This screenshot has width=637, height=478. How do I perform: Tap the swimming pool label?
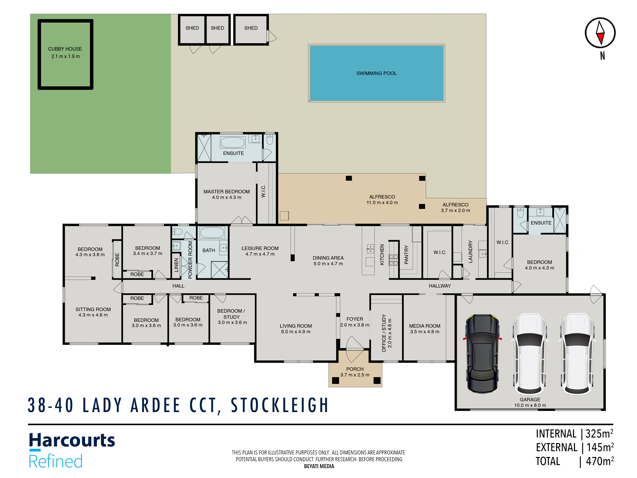click(376, 73)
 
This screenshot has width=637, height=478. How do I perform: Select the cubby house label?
click(65, 49)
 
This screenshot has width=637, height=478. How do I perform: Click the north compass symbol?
click(600, 33)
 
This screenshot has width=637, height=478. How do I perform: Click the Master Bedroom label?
click(227, 192)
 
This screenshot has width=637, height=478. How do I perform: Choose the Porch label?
click(355, 369)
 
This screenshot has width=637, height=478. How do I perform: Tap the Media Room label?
click(425, 326)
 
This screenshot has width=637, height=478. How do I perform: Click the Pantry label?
click(406, 255)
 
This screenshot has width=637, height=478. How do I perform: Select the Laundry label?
click(470, 252)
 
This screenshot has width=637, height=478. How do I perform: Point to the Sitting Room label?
click(93, 309)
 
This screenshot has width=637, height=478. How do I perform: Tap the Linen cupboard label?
click(176, 265)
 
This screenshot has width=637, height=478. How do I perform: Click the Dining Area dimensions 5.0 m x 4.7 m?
click(328, 264)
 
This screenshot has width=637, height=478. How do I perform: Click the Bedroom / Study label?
click(231, 314)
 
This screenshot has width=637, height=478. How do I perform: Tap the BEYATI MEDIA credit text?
click(319, 466)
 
